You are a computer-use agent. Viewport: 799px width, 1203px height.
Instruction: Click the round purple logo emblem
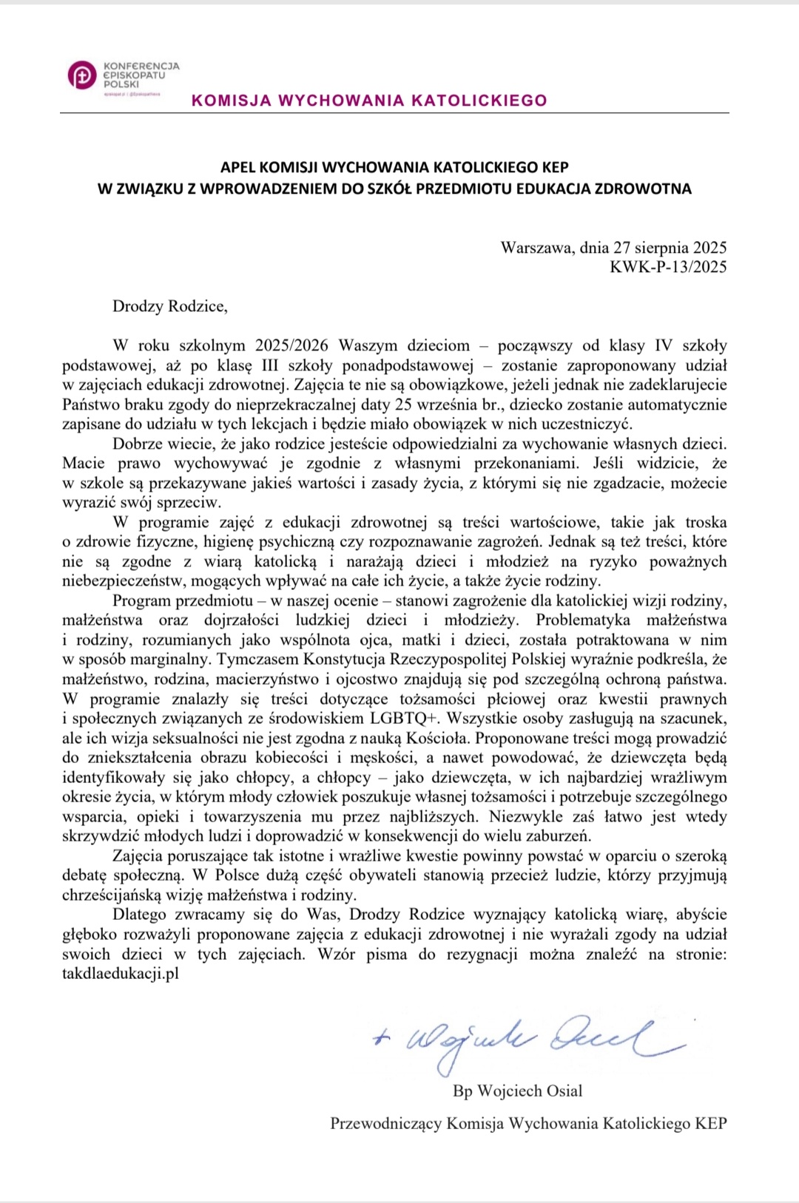pyautogui.click(x=82, y=75)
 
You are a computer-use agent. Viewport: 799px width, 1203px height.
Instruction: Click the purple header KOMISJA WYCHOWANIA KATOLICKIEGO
pyautogui.click(x=369, y=101)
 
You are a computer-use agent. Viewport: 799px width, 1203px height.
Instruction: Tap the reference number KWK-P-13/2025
pyautogui.click(x=668, y=267)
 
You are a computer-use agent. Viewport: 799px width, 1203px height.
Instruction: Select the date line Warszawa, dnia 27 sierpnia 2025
pyautogui.click(x=613, y=248)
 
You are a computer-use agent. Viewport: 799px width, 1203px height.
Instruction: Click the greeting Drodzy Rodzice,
pyautogui.click(x=169, y=306)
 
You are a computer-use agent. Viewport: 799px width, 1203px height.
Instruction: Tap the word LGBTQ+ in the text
pyautogui.click(x=405, y=718)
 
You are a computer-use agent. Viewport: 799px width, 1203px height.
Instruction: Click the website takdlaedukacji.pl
pyautogui.click(x=121, y=974)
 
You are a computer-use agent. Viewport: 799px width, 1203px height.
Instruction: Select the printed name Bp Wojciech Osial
pyautogui.click(x=517, y=1091)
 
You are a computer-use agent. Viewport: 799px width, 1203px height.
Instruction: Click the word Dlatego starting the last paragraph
pyautogui.click(x=140, y=915)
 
